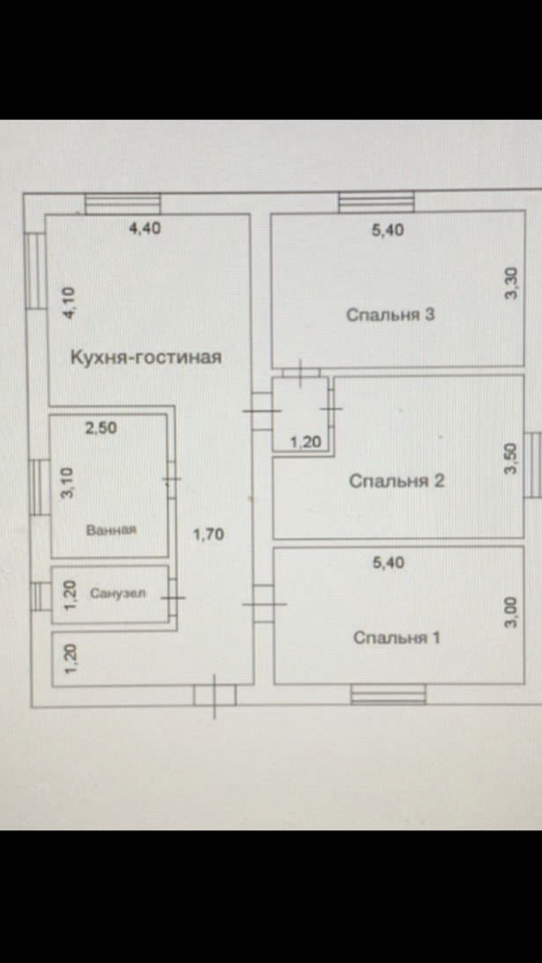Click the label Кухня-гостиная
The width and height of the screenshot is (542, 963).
pyautogui.click(x=146, y=357)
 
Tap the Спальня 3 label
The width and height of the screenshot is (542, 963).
pyautogui.click(x=390, y=315)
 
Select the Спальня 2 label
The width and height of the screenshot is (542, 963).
pyautogui.click(x=397, y=481)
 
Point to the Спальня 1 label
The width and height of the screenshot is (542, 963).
pyautogui.click(x=397, y=637)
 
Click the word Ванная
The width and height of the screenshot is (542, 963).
pyautogui.click(x=111, y=530)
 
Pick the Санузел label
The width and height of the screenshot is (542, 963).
pyautogui.click(x=118, y=593)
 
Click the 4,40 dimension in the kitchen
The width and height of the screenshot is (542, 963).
pyautogui.click(x=145, y=228)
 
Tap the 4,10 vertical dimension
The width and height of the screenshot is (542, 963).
pyautogui.click(x=70, y=302)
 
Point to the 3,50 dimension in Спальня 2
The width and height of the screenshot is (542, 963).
pyautogui.click(x=511, y=458)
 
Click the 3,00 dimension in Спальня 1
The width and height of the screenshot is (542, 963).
pyautogui.click(x=511, y=612)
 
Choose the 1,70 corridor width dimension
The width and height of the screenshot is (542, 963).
pyautogui.click(x=208, y=534)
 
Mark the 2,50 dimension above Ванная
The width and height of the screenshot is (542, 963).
pyautogui.click(x=100, y=428)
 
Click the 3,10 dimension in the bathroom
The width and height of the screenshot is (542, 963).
pyautogui.click(x=68, y=483)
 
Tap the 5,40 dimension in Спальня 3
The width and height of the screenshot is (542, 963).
pyautogui.click(x=388, y=230)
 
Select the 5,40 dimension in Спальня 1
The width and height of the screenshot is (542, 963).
pyautogui.click(x=389, y=563)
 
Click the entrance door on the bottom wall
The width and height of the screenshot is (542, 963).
pyautogui.click(x=215, y=695)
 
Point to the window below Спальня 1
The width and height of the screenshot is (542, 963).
pyautogui.click(x=388, y=694)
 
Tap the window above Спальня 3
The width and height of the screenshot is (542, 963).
pyautogui.click(x=377, y=202)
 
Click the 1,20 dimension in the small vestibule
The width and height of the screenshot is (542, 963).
pyautogui.click(x=306, y=442)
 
